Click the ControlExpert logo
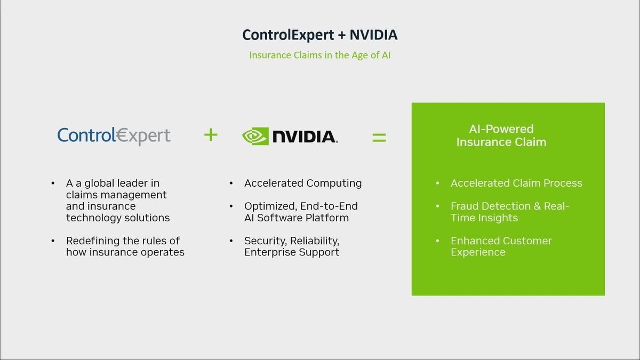114,136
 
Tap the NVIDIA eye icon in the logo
255,137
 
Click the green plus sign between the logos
211,135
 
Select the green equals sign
379,137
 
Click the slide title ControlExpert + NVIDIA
319,35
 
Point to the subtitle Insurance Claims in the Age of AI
319,55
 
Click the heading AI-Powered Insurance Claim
501,135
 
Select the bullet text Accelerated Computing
303,183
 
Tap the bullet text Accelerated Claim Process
516,183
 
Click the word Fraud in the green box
464,206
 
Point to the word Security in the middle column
265,241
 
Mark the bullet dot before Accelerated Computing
231,183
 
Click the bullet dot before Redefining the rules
53,241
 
